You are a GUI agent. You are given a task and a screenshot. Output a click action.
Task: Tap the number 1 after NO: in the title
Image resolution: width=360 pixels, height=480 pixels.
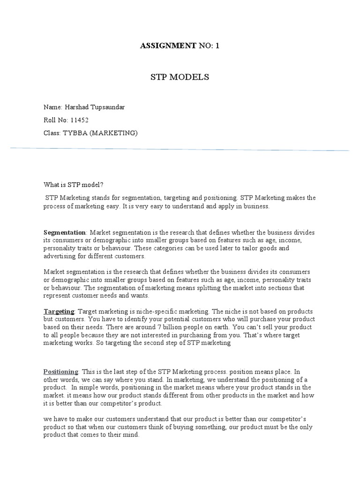coord(217,46)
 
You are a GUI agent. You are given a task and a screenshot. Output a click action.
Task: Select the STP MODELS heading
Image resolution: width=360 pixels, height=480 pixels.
coord(180,77)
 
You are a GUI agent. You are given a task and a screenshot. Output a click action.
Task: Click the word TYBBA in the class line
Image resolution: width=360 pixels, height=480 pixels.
coord(75,133)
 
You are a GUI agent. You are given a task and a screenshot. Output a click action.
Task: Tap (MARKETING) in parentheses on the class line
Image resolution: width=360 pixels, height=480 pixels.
coord(114,133)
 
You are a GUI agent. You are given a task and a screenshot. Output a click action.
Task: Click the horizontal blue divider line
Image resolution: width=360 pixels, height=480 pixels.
coord(180,149)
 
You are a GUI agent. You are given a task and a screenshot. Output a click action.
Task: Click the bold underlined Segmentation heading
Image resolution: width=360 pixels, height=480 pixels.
coord(65,232)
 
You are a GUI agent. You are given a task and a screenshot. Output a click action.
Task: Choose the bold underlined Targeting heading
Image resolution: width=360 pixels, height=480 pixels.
coord(59,311)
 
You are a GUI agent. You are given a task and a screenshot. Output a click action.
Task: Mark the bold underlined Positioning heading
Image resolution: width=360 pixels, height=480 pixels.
coord(61,371)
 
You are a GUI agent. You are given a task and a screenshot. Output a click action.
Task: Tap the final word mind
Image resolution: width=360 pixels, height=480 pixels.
coord(131,435)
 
